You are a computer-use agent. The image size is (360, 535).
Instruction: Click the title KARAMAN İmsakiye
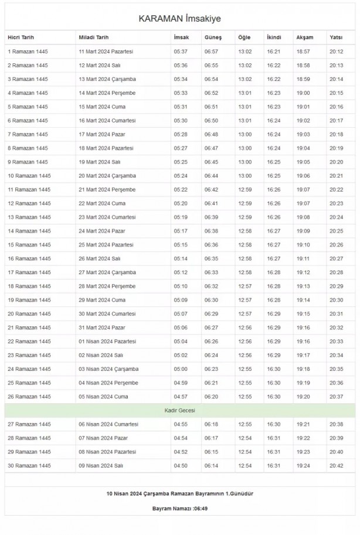point(179,19)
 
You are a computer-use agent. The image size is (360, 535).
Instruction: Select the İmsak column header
point(181,38)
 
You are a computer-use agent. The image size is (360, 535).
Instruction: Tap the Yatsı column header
point(336,38)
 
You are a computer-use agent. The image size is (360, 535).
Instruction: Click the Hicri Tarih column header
point(22,38)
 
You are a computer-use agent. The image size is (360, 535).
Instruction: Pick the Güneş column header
point(213,38)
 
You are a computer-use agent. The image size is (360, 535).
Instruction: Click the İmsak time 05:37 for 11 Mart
point(181,52)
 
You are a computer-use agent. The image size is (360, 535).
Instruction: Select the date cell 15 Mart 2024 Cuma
point(103,107)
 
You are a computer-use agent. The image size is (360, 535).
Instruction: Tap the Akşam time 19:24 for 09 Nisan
point(303,466)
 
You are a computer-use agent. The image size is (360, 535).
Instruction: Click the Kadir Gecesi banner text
point(179,410)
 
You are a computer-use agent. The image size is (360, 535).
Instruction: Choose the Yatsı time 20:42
point(336,466)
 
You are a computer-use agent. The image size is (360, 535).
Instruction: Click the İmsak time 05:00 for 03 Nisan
point(181,369)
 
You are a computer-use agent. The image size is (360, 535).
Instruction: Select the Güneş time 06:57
point(211,52)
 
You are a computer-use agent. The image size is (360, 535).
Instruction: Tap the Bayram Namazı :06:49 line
point(179,508)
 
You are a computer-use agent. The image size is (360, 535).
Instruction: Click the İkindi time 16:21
point(273,52)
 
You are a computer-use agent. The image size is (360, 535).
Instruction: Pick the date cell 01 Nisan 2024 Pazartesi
point(107,342)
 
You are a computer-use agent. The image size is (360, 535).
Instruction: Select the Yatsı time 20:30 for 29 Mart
point(336,300)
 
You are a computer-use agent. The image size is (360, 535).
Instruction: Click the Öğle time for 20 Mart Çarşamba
point(244,176)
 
